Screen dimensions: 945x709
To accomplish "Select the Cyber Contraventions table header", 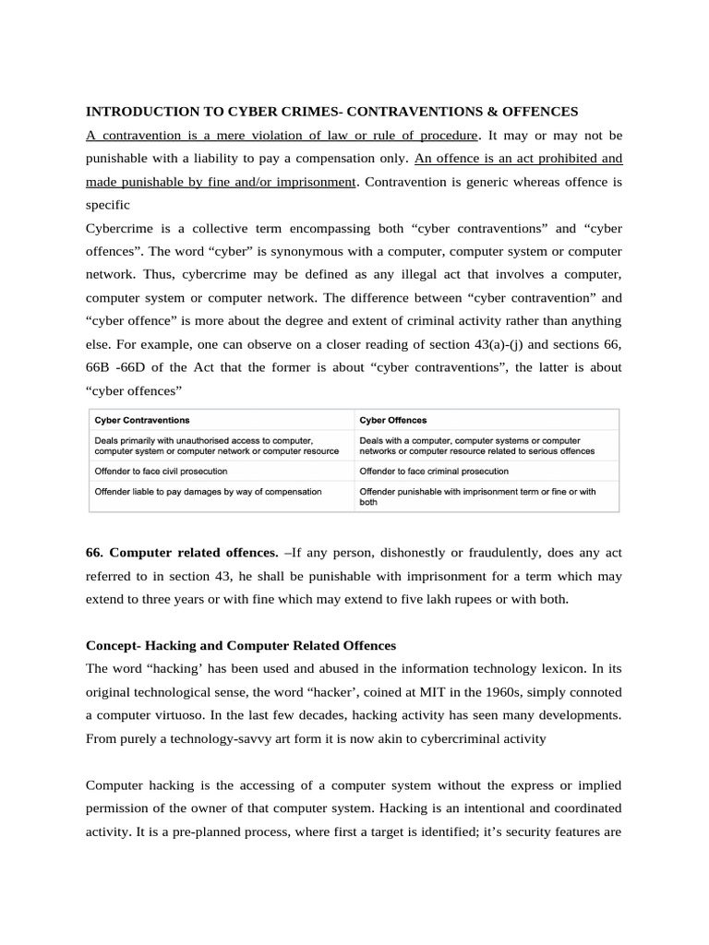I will coord(142,421).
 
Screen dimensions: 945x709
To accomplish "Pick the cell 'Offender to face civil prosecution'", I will coord(161,471).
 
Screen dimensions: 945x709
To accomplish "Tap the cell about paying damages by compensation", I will coord(208,492).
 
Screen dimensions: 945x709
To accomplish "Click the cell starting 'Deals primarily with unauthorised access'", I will coord(216,446).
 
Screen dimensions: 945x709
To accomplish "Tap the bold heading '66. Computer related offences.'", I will coord(182,553).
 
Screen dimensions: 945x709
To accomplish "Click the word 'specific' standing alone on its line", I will coord(108,205).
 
